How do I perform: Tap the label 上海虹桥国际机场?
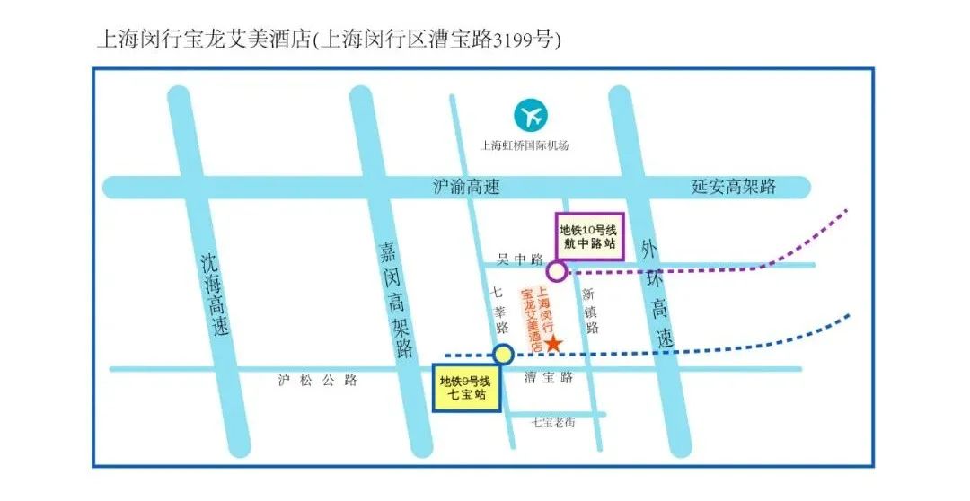525,145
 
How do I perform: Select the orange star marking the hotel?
554,344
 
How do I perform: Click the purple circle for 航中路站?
557,270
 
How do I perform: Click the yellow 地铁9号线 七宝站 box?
466,387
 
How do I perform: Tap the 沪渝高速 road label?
466,187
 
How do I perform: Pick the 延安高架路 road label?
734,187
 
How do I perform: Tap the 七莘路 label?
499,309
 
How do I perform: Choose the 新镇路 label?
589,311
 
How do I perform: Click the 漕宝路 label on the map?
549,379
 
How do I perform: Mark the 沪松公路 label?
318,380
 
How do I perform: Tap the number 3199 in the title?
509,40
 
